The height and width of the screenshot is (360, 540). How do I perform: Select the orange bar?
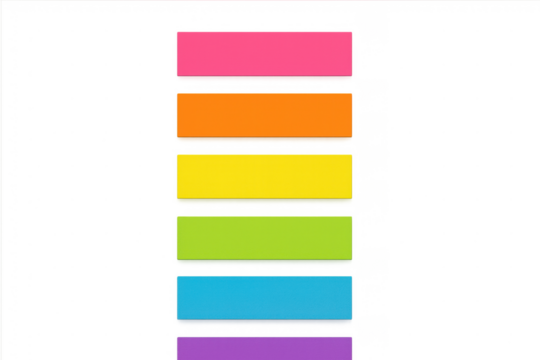pos(264,113)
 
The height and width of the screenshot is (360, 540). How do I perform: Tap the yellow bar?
pos(264,175)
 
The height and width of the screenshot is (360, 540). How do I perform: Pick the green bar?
pos(264,236)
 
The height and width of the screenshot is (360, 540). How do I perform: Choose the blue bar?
pos(264,296)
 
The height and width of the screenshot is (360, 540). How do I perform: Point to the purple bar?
pos(264,347)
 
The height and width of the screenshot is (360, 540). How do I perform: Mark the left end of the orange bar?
pos(176,113)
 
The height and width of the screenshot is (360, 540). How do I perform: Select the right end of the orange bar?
pos(351,113)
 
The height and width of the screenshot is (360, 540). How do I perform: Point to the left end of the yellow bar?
pos(176,175)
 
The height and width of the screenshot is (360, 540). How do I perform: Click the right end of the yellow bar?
pos(352,175)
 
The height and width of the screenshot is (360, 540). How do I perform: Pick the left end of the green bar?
pos(176,236)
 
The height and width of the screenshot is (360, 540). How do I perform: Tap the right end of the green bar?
pos(351,236)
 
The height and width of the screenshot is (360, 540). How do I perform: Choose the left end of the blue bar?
pos(176,296)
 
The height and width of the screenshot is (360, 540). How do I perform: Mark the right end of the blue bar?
pos(351,296)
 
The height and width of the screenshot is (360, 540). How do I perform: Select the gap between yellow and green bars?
pos(264,206)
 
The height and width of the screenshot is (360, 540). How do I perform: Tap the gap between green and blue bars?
pos(264,266)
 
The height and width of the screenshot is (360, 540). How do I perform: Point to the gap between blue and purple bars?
pos(264,327)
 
